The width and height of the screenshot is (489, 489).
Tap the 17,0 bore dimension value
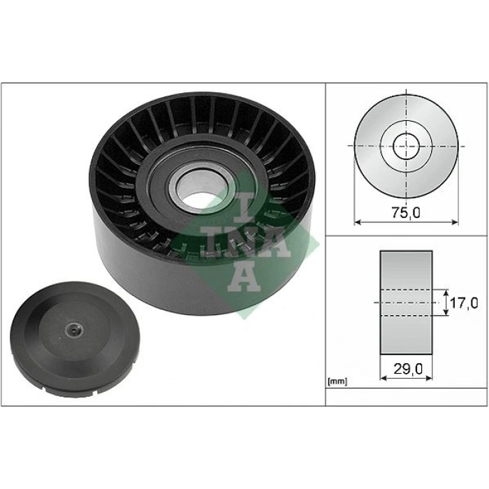pos(463,303)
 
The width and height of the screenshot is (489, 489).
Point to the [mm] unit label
pos(337,381)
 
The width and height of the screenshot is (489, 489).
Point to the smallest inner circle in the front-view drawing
pos(406,147)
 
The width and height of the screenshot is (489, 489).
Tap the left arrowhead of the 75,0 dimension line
pos(358,222)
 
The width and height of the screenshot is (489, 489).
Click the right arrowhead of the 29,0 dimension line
pos(429,377)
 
